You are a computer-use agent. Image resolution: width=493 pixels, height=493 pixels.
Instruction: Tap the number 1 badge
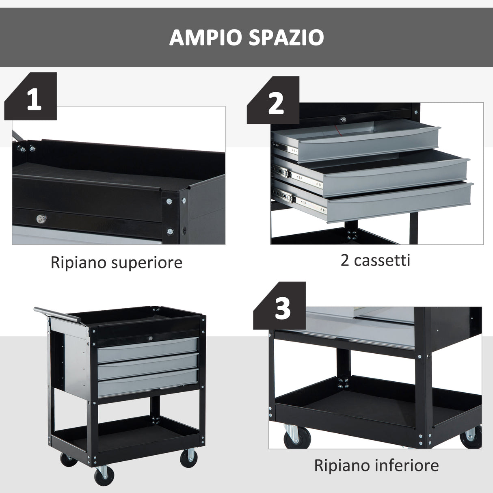[x=34, y=99]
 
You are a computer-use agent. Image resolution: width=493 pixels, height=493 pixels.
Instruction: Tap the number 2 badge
[x=276, y=103]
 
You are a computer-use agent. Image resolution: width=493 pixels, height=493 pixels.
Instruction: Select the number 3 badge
[x=282, y=309]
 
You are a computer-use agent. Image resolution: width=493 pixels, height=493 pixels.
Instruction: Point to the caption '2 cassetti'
[x=375, y=260]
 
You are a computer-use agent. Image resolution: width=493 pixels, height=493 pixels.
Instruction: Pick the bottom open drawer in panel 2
[x=398, y=201]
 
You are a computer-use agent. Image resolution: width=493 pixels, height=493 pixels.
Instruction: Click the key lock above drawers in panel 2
[x=344, y=120]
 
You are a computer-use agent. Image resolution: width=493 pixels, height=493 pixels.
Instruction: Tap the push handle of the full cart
[x=57, y=314]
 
